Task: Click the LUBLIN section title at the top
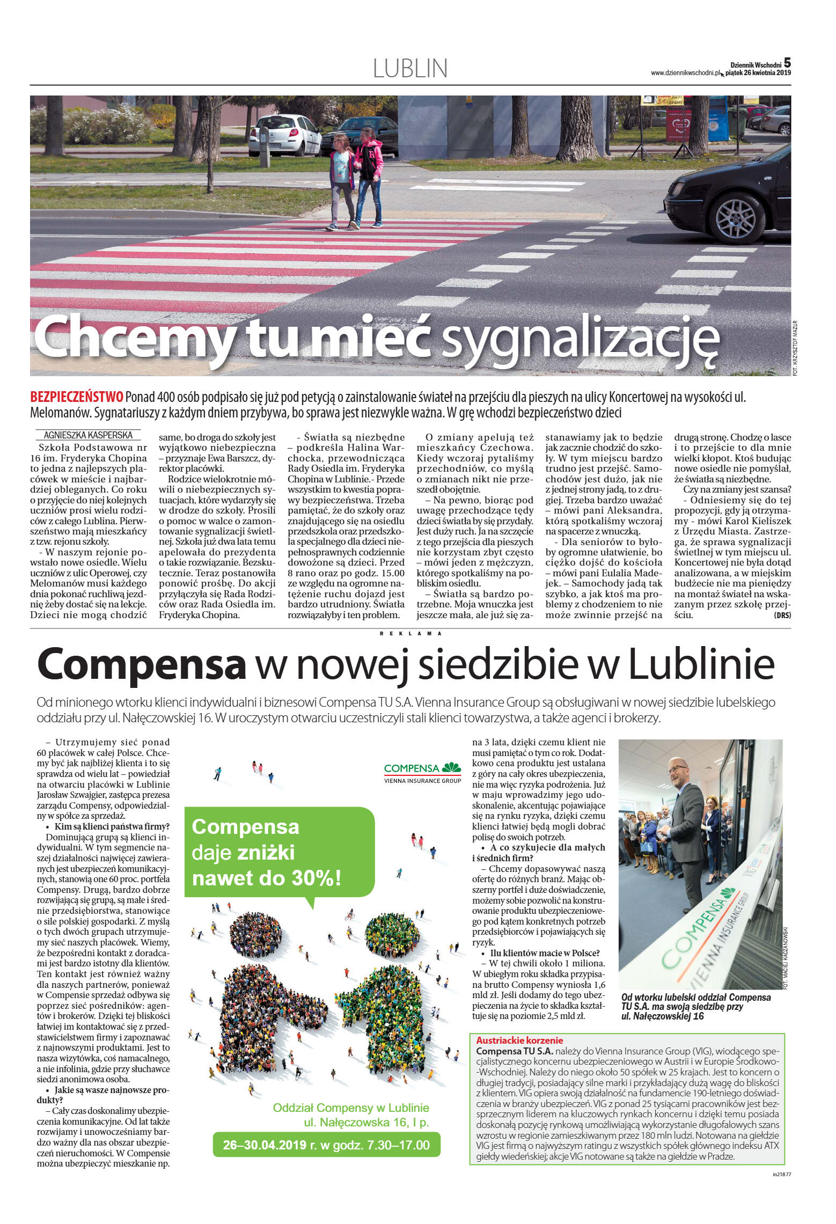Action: [410, 69]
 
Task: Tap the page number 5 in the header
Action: [787, 63]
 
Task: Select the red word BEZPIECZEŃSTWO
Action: [77, 397]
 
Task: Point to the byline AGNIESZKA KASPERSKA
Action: [88, 435]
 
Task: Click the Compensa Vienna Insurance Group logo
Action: [422, 773]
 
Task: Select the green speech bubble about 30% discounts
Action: [279, 852]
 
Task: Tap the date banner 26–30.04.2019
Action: [326, 1145]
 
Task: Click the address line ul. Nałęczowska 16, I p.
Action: [366, 1122]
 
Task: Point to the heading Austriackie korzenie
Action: [519, 1040]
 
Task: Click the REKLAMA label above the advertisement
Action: [410, 633]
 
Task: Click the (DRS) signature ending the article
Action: [782, 615]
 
